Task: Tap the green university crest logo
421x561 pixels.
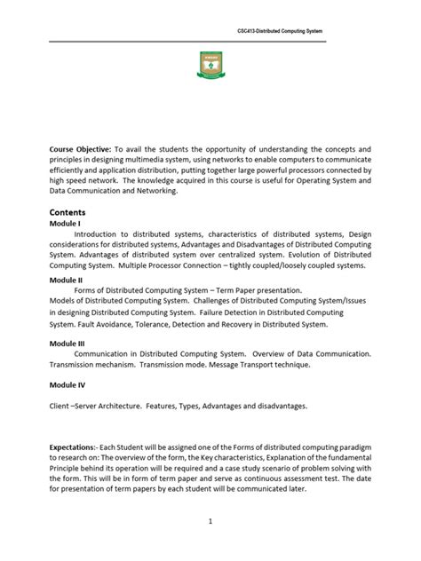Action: (x=210, y=65)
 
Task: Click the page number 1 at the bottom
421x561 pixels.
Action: (x=210, y=521)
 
